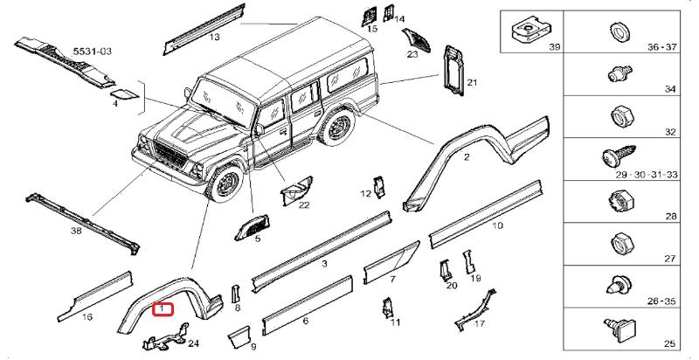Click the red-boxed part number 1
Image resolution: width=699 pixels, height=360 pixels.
(163, 308)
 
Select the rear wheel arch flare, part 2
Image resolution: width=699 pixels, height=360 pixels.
(472, 157)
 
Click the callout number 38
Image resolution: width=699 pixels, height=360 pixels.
(76, 232)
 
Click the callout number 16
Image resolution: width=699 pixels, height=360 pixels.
(87, 316)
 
